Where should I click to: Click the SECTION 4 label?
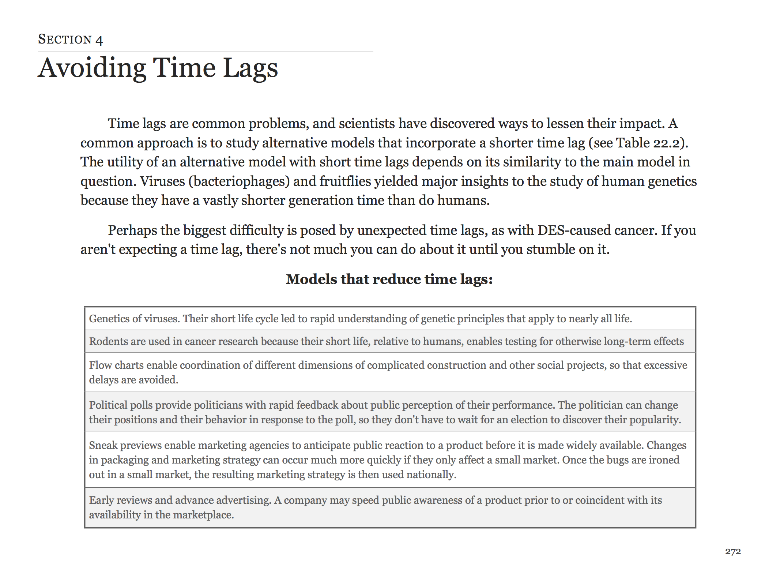point(70,39)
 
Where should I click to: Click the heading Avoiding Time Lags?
point(158,68)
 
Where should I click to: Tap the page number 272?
point(733,552)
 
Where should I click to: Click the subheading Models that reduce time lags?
point(389,279)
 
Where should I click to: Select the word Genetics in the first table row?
point(109,319)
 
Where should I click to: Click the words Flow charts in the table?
point(116,365)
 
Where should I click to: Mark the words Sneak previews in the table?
point(125,445)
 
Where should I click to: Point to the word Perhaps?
point(132,230)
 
